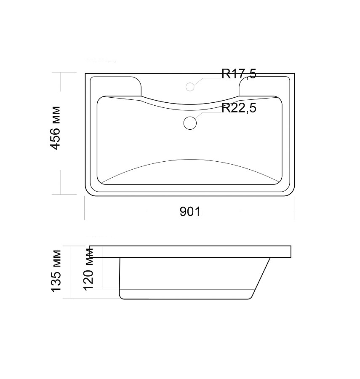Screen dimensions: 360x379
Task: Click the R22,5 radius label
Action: (239, 108)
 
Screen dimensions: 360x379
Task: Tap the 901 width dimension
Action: (190, 211)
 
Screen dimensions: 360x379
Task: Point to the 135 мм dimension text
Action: (56, 271)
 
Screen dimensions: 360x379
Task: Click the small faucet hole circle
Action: (190, 87)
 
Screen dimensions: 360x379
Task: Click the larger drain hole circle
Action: (190, 123)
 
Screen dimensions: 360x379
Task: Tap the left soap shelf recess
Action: (116, 86)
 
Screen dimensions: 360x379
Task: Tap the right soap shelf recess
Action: (264, 86)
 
